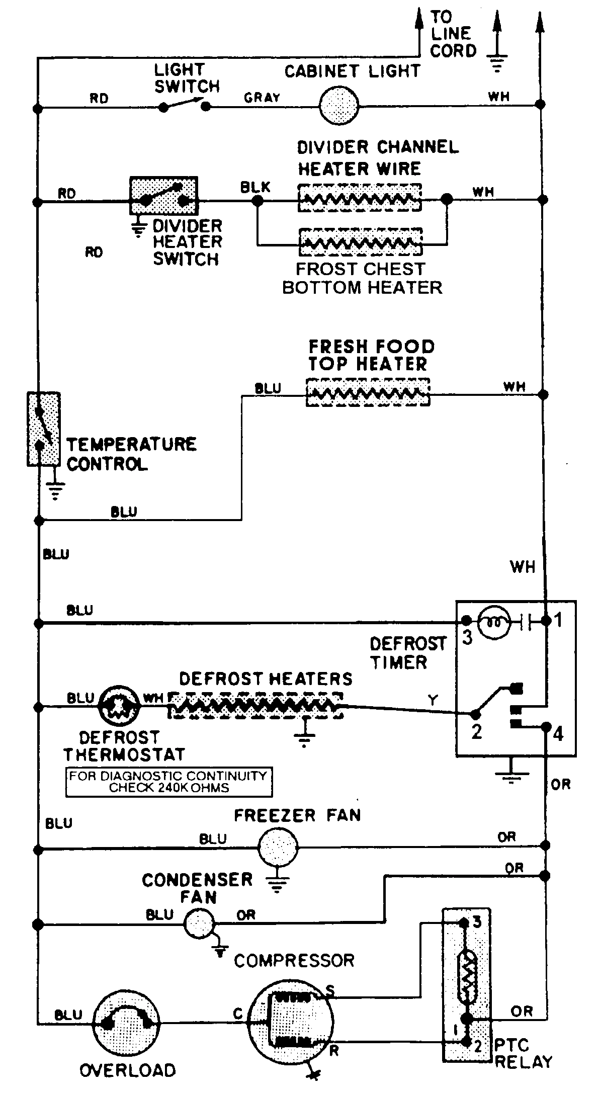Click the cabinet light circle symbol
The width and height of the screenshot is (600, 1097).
[339, 106]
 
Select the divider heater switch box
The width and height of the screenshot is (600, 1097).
[164, 196]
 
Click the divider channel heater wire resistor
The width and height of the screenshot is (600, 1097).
[360, 198]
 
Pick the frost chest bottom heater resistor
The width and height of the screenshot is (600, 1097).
[360, 242]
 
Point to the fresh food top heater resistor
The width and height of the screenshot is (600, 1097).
[368, 392]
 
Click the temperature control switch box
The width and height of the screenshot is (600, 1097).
[43, 429]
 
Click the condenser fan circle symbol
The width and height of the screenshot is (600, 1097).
[199, 923]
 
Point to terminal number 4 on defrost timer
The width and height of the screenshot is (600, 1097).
[558, 734]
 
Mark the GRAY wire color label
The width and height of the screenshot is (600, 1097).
[262, 98]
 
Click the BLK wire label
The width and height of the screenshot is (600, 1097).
[255, 187]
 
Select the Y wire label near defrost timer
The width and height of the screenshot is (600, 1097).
[433, 699]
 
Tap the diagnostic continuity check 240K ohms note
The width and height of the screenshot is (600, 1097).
[168, 782]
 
